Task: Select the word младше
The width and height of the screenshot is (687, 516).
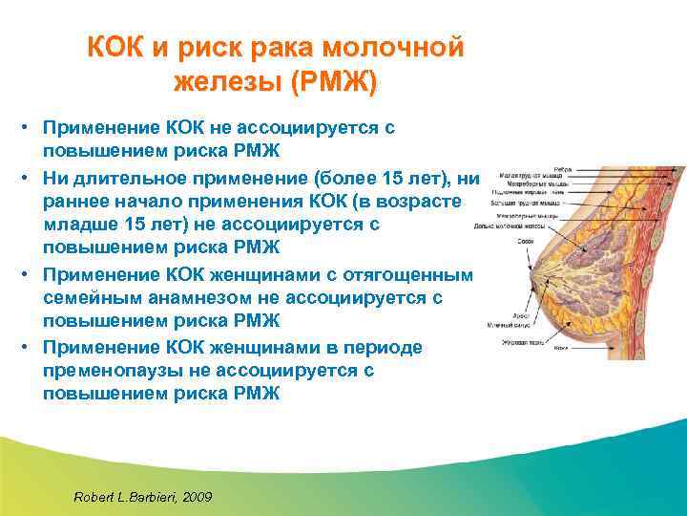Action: coord(86,225)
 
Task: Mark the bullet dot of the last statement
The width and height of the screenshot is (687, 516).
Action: coord(30,346)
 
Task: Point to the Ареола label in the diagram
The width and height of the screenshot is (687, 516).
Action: coord(523,312)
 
